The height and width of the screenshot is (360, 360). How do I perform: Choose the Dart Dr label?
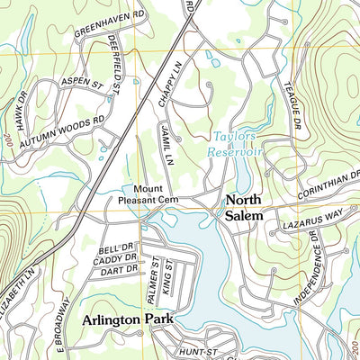pos(117,269)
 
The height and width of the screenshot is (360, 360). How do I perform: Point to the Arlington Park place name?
pos(125,319)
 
